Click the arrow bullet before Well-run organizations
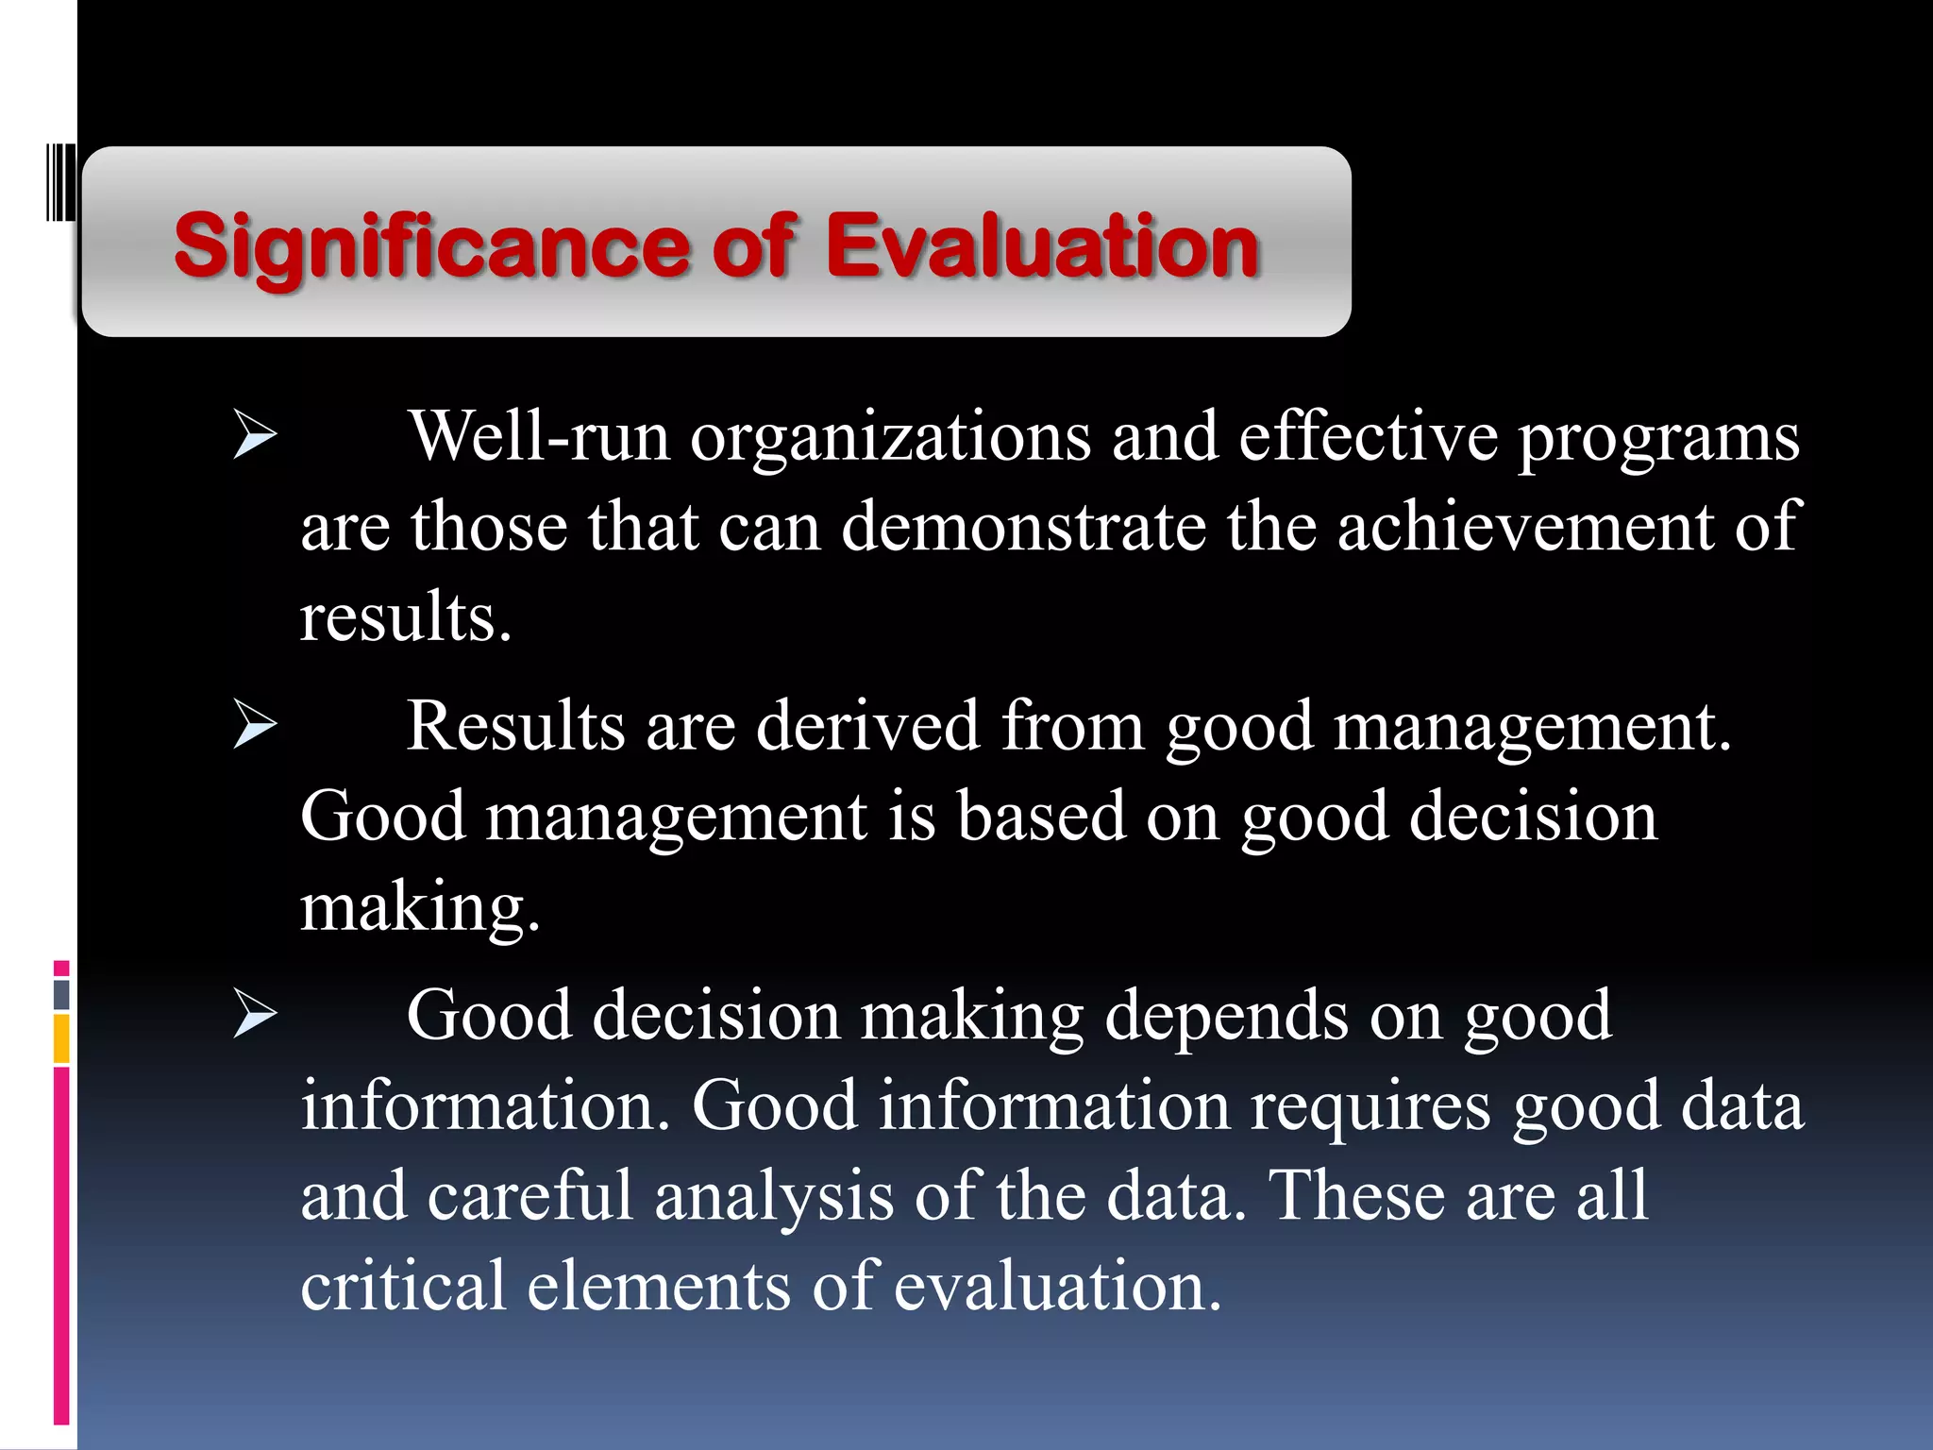[255, 436]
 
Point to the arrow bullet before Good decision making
[255, 1016]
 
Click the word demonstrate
[1023, 527]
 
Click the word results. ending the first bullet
[406, 617]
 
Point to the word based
[1041, 816]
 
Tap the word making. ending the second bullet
[420, 908]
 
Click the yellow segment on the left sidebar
[61, 1037]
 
